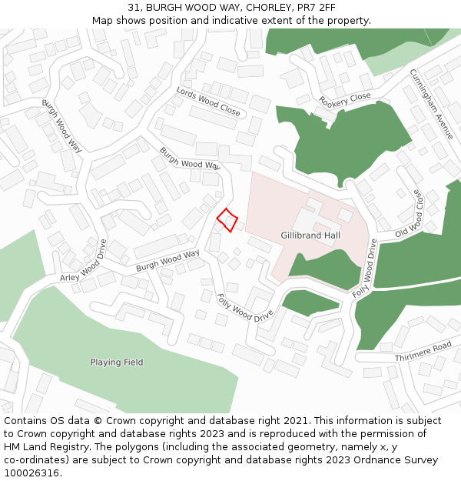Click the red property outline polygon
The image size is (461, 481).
point(227,220)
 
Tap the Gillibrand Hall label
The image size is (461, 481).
point(310,235)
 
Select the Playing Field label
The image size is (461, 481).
point(117,362)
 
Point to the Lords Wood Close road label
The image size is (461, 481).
point(208,102)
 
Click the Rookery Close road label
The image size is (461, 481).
point(345,101)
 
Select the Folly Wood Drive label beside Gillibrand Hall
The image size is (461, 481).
point(365,269)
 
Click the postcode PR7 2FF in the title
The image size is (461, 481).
point(316,8)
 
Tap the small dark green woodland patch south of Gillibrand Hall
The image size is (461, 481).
point(310,302)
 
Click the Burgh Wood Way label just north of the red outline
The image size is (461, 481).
point(190,159)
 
